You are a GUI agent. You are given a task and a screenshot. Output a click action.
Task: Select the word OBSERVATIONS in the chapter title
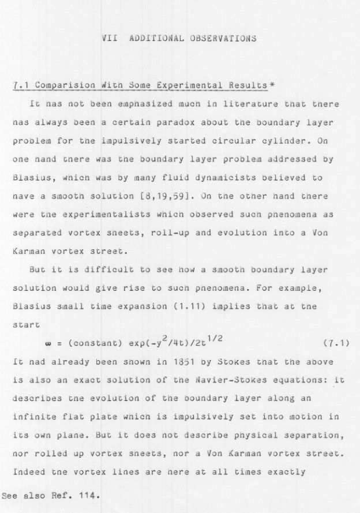coord(222,39)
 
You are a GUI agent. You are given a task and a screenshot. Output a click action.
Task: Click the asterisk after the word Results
coord(272,85)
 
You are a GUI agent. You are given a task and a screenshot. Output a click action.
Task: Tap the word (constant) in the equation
coord(92,345)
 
